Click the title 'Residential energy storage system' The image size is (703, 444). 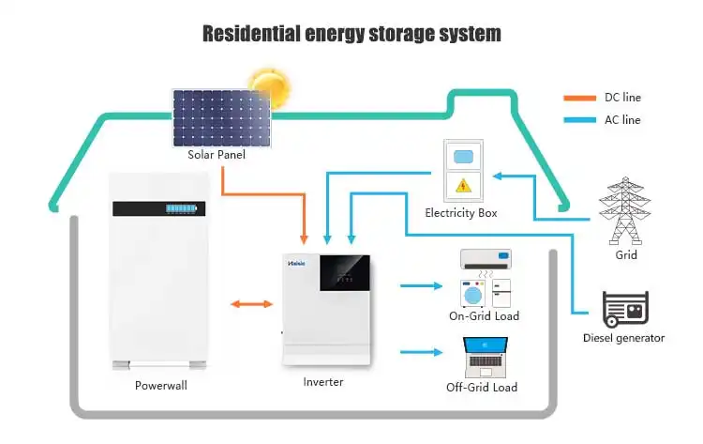coord(351,34)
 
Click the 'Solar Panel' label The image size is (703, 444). coord(217,155)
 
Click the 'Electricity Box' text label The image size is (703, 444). coord(460,213)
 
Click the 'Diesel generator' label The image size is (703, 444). coord(623,338)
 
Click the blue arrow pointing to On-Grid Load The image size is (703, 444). coord(421,284)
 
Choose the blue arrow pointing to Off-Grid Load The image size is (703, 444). coord(421,353)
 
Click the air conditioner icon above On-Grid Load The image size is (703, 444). coord(486,257)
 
